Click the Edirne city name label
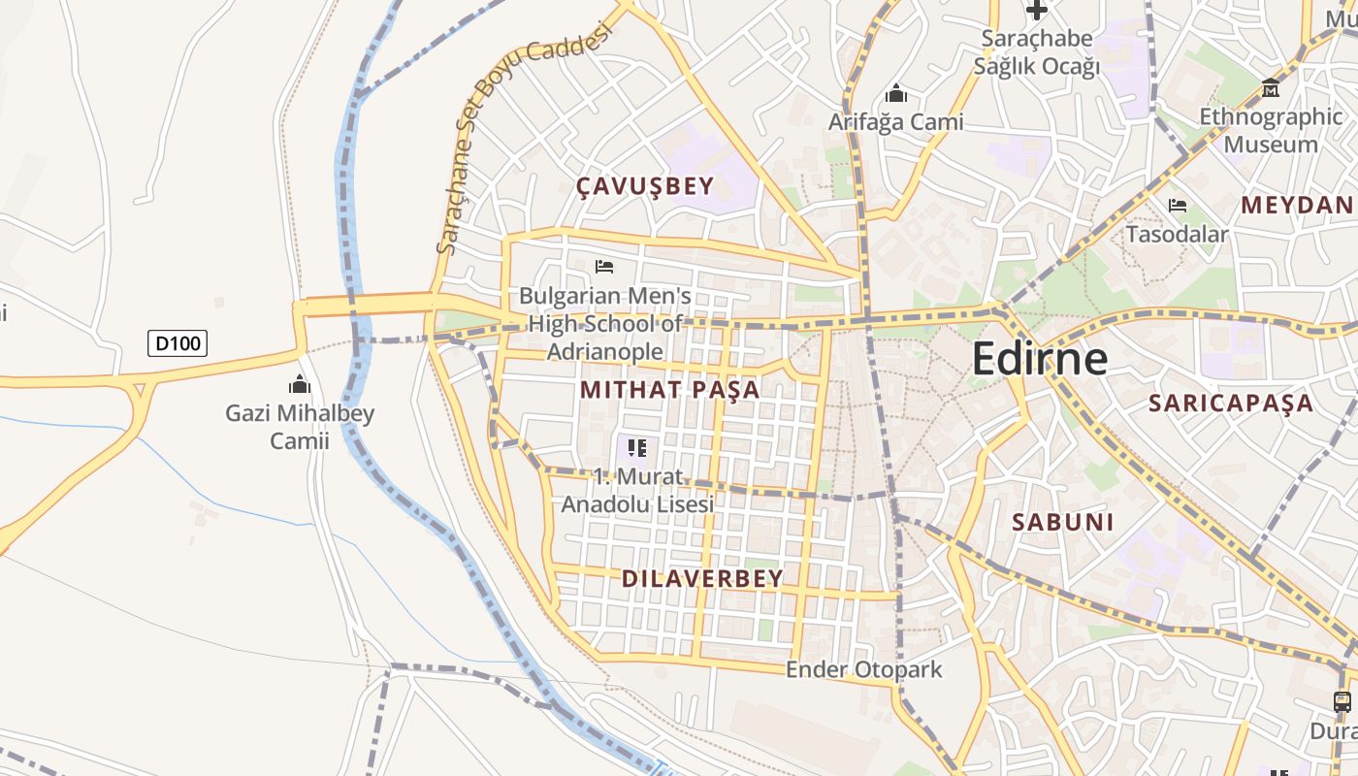(x=1039, y=359)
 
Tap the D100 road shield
(x=178, y=342)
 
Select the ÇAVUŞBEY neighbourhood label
(x=645, y=186)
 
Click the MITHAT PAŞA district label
(x=669, y=390)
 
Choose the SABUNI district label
(x=1063, y=522)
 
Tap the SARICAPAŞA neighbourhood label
(x=1231, y=404)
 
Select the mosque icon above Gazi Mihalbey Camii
(x=300, y=384)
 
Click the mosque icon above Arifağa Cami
(x=895, y=93)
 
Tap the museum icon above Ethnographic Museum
(x=1270, y=88)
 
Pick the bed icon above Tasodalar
(x=1178, y=206)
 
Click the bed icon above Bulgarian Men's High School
(x=604, y=266)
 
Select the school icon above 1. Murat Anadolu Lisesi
(x=637, y=447)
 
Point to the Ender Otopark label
(x=863, y=669)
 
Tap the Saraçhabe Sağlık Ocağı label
(x=1037, y=52)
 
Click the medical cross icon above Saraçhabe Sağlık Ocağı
(x=1037, y=11)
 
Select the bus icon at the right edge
(x=1342, y=701)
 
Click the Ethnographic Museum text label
(x=1271, y=130)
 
